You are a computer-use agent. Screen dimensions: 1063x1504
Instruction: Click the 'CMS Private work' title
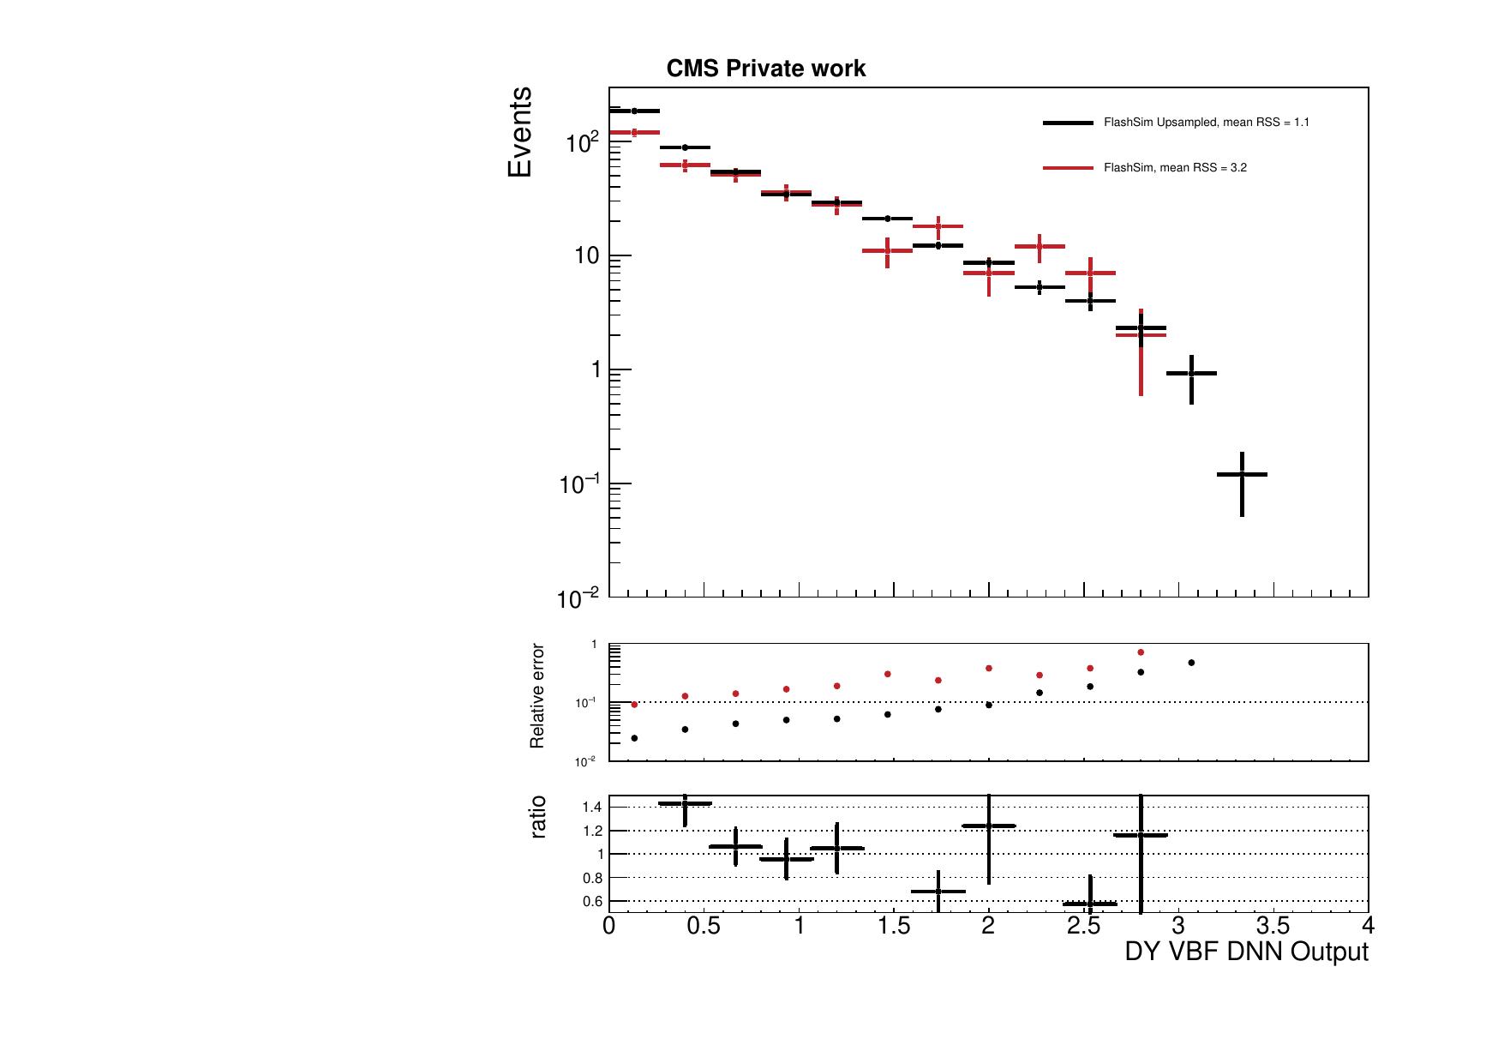765,69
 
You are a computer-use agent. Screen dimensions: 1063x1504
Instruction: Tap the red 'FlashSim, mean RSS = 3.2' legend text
1175,168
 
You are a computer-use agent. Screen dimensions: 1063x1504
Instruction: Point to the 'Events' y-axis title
520,132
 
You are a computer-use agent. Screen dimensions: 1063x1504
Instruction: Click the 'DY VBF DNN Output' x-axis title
1246,952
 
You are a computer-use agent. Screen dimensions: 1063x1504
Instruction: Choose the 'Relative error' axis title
537,696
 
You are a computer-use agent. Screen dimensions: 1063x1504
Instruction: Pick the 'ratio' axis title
537,817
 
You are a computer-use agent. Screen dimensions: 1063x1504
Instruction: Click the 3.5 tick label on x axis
1273,927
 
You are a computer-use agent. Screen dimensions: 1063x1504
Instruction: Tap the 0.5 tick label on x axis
704,927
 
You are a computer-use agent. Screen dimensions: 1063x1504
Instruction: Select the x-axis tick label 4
1368,927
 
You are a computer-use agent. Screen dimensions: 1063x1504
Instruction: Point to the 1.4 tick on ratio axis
592,808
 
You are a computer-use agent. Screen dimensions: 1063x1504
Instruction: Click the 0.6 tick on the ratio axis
592,902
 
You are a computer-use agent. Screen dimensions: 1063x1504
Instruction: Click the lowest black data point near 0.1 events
1242,474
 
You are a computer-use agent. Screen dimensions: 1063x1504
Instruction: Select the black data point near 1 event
1191,373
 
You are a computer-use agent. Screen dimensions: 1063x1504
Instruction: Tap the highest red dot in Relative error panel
1141,652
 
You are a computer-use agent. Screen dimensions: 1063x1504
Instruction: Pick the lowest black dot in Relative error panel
634,738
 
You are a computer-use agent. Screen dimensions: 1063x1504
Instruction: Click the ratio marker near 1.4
685,803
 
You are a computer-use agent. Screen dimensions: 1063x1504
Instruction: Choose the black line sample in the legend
1068,123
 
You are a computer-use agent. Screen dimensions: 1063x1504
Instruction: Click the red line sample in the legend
1068,168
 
